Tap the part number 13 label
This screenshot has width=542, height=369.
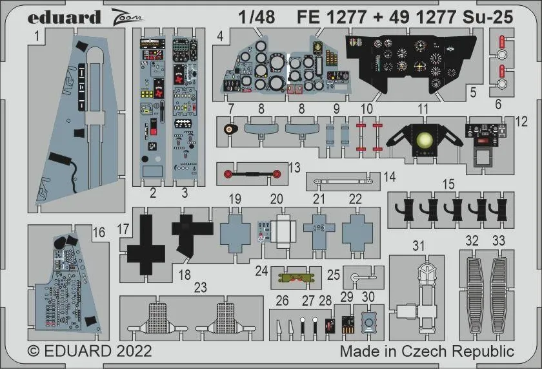pos(295,167)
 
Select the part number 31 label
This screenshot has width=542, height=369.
pos(419,246)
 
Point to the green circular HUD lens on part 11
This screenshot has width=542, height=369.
pos(424,140)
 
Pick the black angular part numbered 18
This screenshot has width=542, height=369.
pos(192,233)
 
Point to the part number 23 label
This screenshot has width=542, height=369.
pos(201,288)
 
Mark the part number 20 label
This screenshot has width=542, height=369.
pos(277,199)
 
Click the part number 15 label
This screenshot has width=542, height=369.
pos(448,184)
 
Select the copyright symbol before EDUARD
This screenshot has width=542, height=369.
pos(35,352)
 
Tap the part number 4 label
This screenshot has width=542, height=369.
pos(221,37)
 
